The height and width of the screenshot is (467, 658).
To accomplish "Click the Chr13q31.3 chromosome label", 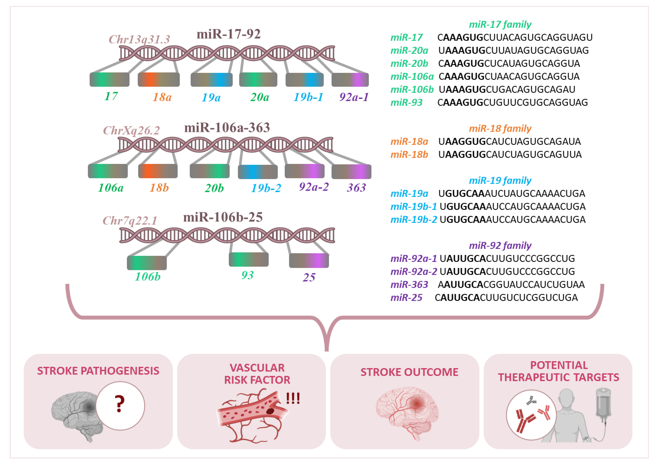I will point(139,39).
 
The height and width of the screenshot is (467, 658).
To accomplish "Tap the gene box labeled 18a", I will point(159,80).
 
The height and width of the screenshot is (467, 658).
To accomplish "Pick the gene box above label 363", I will point(351,172).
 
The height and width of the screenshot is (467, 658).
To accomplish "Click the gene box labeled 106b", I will point(147,263).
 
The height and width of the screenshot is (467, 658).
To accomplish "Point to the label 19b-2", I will point(266,188).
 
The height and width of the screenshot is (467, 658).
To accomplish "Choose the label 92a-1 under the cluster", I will point(354,97).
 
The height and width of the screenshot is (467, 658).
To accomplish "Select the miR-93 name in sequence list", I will point(406,102).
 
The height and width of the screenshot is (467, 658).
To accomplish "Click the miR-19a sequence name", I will point(409,193).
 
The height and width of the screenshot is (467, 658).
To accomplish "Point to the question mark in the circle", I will point(120,404).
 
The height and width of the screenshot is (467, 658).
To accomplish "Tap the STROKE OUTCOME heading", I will point(409,372).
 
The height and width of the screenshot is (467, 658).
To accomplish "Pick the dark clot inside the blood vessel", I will point(270,411).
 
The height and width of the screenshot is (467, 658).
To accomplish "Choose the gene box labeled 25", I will point(309,261).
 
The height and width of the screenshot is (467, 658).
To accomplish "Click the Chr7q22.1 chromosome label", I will point(130,221).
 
